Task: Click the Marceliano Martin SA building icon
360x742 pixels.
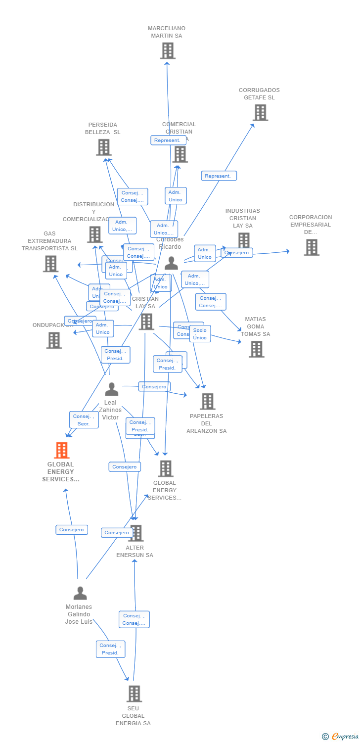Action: [168, 50]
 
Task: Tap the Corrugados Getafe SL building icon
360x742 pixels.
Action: [260, 113]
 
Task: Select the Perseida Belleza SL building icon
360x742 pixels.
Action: [103, 147]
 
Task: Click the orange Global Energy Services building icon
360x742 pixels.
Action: [61, 450]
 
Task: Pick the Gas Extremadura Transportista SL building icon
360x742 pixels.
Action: [50, 264]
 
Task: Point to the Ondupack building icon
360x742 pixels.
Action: [54, 340]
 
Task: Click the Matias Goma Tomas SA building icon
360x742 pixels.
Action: [256, 349]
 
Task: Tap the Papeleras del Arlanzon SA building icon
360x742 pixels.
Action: [207, 401]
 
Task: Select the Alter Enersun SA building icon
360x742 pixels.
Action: [135, 533]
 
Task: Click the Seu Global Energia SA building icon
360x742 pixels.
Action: [134, 694]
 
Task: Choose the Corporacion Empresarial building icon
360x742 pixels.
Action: [312, 247]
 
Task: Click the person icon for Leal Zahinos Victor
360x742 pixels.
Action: [112, 390]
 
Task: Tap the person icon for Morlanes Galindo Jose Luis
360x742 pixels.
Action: [80, 593]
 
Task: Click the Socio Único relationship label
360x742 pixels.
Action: [200, 334]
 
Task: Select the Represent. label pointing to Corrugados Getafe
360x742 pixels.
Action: [219, 176]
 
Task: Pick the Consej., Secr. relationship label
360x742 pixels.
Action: [84, 420]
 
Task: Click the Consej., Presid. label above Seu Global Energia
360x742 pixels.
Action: [110, 649]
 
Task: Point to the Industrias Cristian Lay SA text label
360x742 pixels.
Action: [242, 218]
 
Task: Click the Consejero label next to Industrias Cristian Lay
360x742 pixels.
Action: [237, 253]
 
